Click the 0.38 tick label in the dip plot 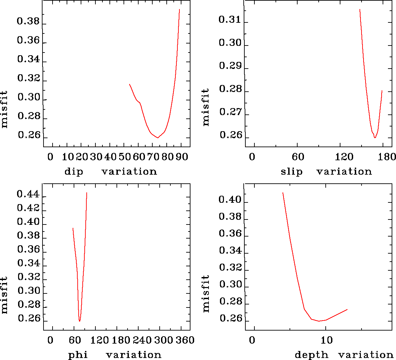[28, 22]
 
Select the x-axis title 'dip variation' [110, 172]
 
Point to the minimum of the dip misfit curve [158, 138]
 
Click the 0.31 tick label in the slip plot [230, 20]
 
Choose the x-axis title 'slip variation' [326, 172]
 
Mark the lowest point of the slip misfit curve [375, 138]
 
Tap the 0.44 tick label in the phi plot [28, 194]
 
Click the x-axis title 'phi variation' [115, 355]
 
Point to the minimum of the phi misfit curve [79, 321]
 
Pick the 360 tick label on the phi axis [185, 340]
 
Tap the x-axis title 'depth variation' [344, 355]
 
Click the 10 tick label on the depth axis [326, 340]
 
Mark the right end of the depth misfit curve [347, 309]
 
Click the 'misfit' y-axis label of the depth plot [206, 293]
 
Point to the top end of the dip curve [179, 9]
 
